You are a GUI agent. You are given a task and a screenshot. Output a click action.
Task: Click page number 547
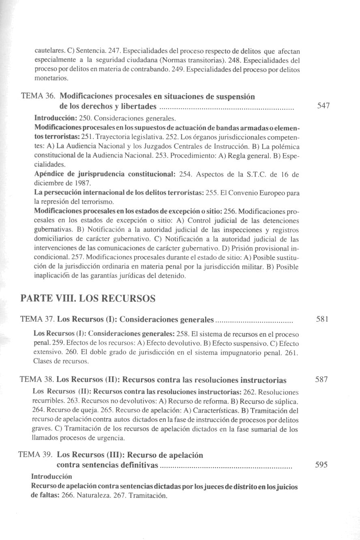point(323,106)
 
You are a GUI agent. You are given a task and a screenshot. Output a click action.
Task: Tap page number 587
point(321,380)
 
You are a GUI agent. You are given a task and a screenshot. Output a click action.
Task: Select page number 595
point(321,465)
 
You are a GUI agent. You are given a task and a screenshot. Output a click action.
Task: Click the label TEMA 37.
point(37,320)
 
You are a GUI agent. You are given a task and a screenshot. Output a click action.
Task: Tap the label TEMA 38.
point(36,380)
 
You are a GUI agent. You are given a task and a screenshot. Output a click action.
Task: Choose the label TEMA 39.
point(36,455)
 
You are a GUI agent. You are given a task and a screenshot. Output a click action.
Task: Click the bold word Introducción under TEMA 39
point(51,476)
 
